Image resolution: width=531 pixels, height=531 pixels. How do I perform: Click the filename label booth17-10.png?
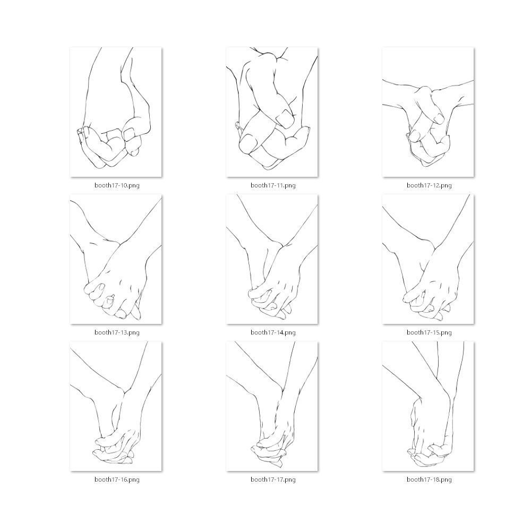[117, 185]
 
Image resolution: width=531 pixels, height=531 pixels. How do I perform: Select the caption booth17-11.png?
[273, 185]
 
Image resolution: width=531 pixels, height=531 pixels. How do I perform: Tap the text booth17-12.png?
[429, 185]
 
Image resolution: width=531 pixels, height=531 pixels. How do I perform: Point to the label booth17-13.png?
[117, 332]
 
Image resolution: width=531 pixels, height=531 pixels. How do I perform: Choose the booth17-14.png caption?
[273, 332]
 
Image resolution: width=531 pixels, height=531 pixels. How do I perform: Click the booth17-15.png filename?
[429, 332]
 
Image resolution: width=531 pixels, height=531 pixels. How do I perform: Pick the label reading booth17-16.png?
[117, 479]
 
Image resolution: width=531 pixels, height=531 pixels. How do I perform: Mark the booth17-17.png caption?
[273, 479]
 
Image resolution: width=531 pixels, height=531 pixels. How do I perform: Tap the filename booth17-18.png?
[429, 479]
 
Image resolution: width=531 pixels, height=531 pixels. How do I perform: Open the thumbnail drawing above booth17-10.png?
[116, 112]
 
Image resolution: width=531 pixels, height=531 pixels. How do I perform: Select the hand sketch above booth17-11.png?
[272, 112]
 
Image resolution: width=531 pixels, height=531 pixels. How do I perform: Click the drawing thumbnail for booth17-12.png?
[428, 112]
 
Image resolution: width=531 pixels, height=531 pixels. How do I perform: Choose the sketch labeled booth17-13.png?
[116, 259]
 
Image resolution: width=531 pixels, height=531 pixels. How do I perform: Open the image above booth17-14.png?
[272, 259]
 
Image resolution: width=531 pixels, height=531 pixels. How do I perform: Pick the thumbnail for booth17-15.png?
[428, 259]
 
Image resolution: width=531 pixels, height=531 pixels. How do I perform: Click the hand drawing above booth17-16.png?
[116, 406]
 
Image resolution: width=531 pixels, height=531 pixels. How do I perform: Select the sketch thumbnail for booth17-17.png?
[272, 406]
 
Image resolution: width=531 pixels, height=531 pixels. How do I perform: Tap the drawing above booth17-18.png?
[428, 406]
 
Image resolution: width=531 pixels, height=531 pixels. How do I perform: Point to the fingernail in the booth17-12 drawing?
[439, 118]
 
